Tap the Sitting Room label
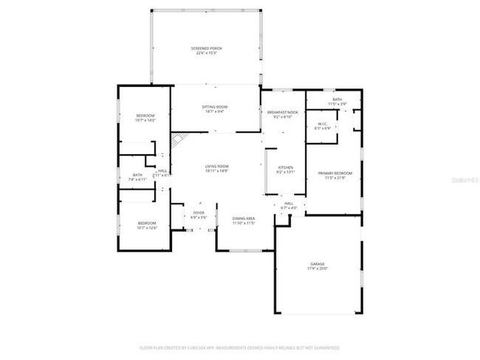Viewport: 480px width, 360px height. coord(215,108)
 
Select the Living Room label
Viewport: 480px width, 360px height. coord(216,167)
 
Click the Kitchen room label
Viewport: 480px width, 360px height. coord(286,167)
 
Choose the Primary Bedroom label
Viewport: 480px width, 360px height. coord(335,173)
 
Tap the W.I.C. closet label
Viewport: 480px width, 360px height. coord(323,124)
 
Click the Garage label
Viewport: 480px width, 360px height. coord(318,264)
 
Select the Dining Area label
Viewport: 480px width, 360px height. coord(244,218)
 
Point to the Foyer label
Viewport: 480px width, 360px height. coord(199,213)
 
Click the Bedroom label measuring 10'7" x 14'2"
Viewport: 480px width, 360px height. coord(145,116)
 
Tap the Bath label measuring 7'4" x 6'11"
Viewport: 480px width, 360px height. coord(137,176)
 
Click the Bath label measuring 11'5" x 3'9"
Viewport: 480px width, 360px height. coord(337,100)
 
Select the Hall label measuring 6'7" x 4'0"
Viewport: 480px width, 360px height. coord(288,204)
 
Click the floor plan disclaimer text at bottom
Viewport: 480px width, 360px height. coord(239,347)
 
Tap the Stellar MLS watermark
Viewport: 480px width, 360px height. coord(461,179)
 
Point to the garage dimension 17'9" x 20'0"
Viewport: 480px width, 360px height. coord(318,269)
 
